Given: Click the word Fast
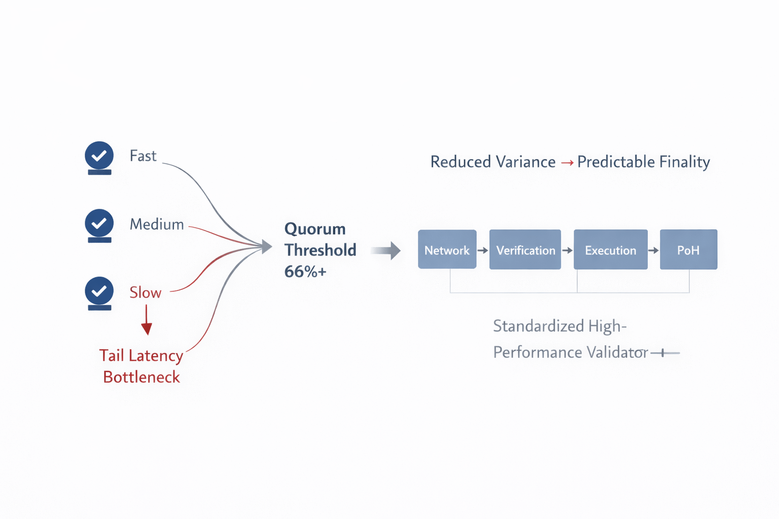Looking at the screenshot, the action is point(143,156).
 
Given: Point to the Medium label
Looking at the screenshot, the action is point(157,224).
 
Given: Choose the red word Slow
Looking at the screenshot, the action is point(146,292).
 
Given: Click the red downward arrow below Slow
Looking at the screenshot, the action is point(147,320).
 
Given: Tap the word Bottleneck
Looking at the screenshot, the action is point(141,377).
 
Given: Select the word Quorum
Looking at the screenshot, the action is point(315,229).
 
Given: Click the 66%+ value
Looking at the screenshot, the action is point(305,272).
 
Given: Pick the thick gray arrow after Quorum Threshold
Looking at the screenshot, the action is point(385,251).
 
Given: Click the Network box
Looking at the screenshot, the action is point(447,249).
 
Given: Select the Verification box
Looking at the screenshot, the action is point(525,249).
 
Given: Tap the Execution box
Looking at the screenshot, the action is point(611,249).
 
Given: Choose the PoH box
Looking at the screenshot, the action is point(689,249).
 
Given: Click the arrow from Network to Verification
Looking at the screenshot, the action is point(483,250).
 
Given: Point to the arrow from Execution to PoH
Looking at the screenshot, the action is point(653,250).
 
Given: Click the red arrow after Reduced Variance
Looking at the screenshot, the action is point(567,162).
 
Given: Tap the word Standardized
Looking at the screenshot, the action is point(538,326).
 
